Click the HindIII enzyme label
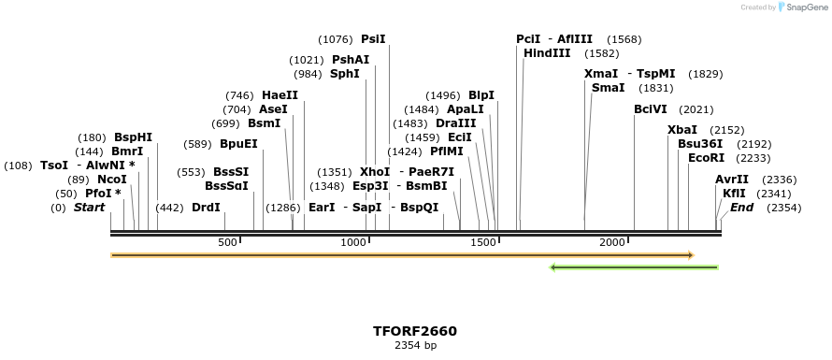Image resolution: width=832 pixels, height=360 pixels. (547, 53)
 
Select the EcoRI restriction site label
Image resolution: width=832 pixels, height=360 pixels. (706, 158)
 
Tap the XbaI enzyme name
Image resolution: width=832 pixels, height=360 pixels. (682, 130)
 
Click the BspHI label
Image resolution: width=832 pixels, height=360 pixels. (133, 137)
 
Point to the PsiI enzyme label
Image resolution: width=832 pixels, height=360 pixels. (373, 39)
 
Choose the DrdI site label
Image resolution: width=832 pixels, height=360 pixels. (206, 208)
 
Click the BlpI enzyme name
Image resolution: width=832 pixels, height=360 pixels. (481, 95)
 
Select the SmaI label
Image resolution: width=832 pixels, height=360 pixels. (609, 88)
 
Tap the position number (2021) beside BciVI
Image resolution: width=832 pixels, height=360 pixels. (696, 109)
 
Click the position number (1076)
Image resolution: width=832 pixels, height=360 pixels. (335, 39)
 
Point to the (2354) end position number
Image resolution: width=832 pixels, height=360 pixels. (783, 208)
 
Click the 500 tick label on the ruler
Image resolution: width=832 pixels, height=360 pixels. (227, 243)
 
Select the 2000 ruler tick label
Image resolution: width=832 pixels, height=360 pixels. (612, 243)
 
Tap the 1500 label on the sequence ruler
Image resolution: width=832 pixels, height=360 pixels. (482, 243)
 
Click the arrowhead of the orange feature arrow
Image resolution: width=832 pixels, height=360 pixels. (690, 254)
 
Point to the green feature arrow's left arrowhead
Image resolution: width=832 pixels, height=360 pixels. (553, 267)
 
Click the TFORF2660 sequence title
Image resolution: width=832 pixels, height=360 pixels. (415, 331)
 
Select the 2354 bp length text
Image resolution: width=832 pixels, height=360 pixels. (415, 346)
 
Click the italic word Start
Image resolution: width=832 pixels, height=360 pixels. (90, 208)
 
